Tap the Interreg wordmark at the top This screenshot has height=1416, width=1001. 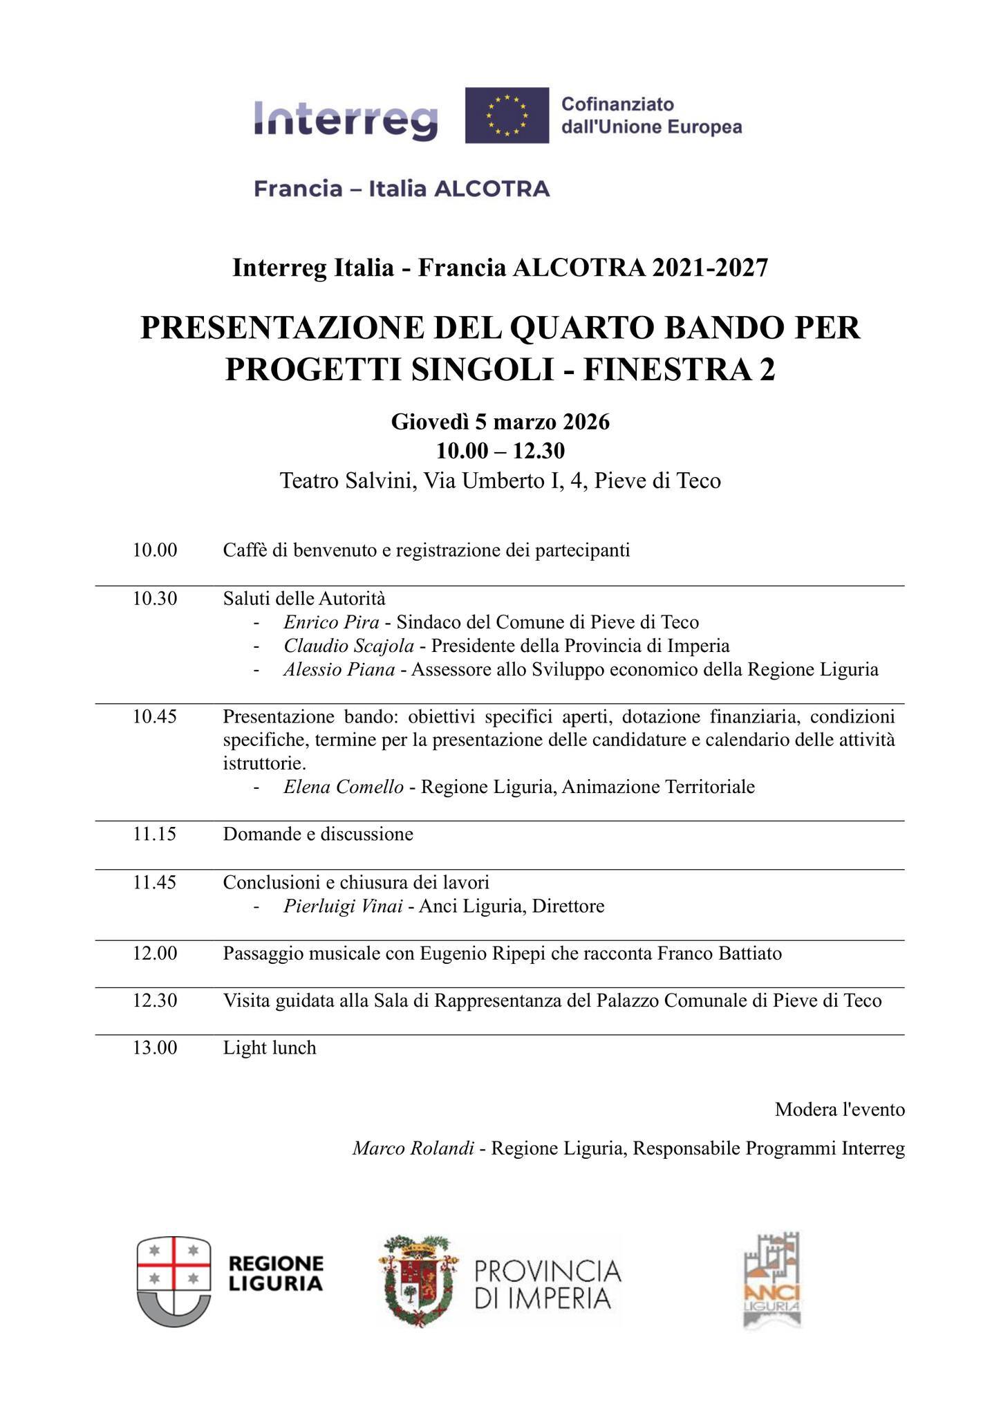346,119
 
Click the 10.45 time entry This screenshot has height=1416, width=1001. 155,716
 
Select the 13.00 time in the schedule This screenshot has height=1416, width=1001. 155,1047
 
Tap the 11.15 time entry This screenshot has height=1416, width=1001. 155,834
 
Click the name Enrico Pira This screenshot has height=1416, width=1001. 331,622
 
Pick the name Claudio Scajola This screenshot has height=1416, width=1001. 348,646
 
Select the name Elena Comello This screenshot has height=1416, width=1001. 344,787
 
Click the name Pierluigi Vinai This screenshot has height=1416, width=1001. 343,906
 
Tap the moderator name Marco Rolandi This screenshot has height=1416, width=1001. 413,1148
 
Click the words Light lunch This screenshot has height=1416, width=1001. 270,1047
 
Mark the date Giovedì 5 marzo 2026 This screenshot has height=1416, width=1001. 501,421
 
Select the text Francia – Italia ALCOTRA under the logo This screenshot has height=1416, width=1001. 402,188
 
